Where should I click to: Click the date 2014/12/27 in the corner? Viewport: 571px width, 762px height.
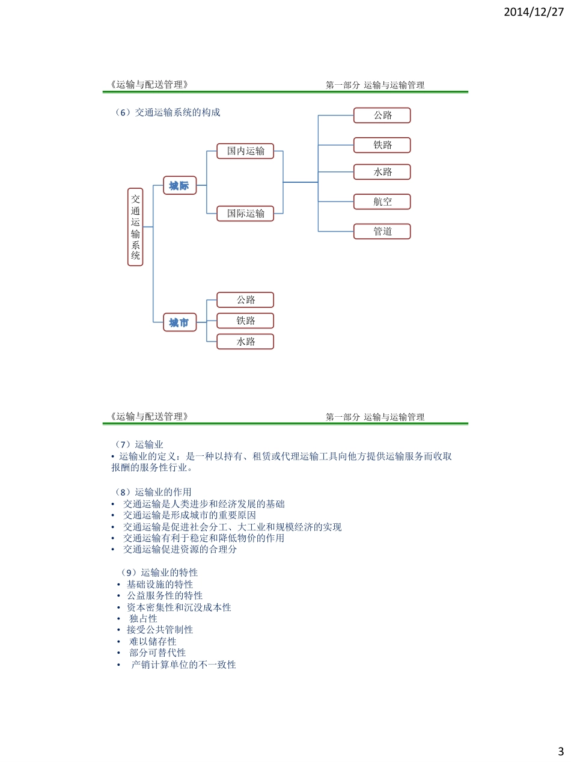coord(534,11)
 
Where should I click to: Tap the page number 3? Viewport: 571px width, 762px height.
coord(560,751)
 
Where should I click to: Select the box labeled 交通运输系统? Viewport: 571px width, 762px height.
coord(135,227)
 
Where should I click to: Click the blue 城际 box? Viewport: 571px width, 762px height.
coord(180,186)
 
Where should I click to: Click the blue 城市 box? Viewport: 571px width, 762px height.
coord(180,323)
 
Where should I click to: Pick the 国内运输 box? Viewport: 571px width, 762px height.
coord(245,151)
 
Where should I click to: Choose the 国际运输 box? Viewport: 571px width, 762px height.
coord(245,214)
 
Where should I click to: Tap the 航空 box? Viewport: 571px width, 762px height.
coord(382,202)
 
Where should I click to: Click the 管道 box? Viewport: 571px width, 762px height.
coord(382,232)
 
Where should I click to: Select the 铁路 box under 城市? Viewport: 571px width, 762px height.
coord(245,321)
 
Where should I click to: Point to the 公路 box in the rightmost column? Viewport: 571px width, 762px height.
coord(382,115)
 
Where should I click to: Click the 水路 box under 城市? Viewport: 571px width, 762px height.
coord(245,342)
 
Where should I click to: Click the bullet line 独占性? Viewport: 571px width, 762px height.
coord(143,618)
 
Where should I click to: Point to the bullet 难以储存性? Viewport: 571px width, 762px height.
coord(153,641)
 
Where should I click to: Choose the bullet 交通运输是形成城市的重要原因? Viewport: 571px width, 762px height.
coord(189,515)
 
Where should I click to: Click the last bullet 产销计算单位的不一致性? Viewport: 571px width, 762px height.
coord(183,665)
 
